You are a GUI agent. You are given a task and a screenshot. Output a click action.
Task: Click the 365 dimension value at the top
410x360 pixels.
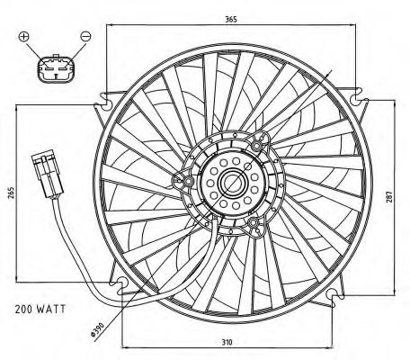[x=231, y=19]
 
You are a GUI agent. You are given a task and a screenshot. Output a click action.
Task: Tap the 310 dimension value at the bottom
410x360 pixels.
[x=227, y=342]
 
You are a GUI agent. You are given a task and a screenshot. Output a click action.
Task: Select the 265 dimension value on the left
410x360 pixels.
[x=11, y=193]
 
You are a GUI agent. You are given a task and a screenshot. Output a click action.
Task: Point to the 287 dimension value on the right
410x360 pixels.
[x=389, y=197]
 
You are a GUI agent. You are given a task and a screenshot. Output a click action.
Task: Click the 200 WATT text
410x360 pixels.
[x=40, y=309]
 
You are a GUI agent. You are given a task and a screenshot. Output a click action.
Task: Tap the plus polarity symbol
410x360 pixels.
[x=24, y=36]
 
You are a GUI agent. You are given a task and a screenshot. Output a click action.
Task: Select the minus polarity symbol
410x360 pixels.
[x=85, y=36]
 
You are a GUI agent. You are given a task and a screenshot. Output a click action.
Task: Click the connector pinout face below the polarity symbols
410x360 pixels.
[x=56, y=68]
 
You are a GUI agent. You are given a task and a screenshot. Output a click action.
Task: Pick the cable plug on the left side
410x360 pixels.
[x=48, y=175]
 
